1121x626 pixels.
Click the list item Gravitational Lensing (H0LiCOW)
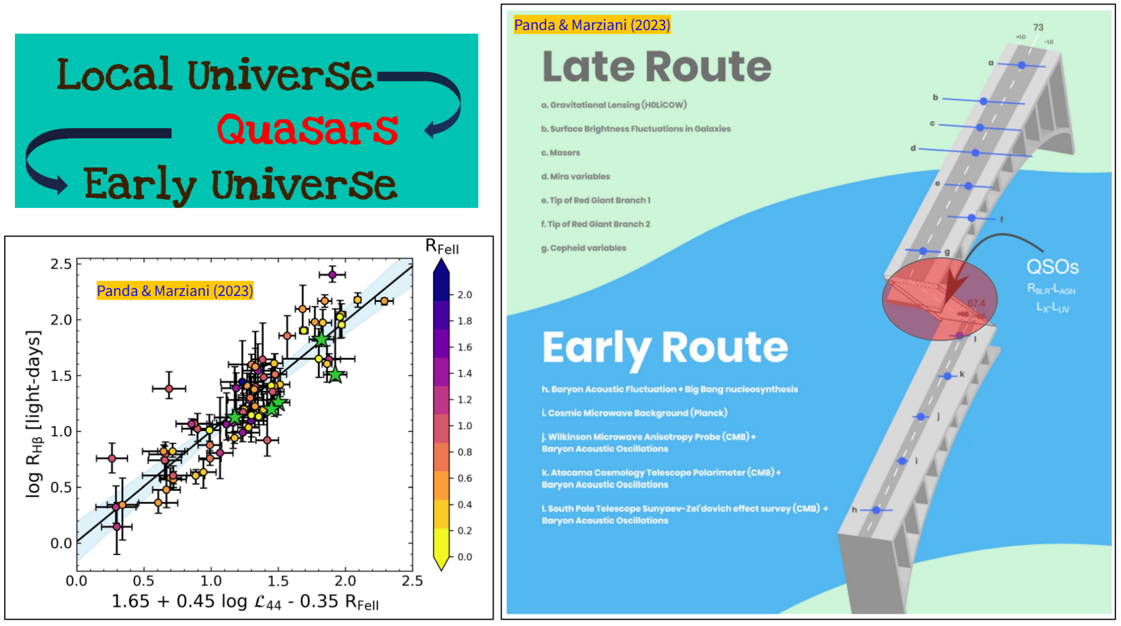pyautogui.click(x=614, y=105)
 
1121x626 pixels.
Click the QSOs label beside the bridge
pyautogui.click(x=1052, y=267)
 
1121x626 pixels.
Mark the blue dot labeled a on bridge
pyautogui.click(x=1021, y=65)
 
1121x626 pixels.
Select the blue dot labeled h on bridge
pyautogui.click(x=876, y=510)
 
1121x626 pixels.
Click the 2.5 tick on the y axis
pyautogui.click(x=61, y=264)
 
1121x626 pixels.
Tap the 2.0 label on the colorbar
pyautogui.click(x=465, y=295)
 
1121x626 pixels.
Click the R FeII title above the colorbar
pyautogui.click(x=442, y=247)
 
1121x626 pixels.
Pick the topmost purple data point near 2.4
pyautogui.click(x=332, y=274)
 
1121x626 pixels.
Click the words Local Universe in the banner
pyautogui.click(x=215, y=75)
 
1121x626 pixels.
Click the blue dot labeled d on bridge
pyautogui.click(x=975, y=153)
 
